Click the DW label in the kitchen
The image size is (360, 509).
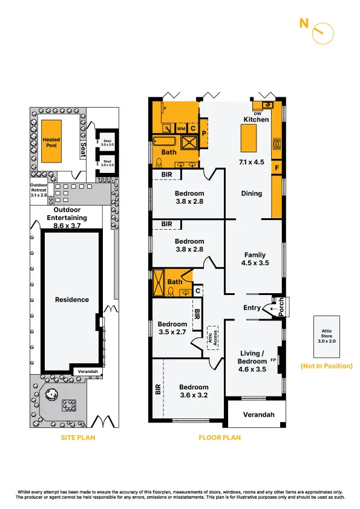tap(258, 114)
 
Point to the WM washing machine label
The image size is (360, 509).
tap(180, 129)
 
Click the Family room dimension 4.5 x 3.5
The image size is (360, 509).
tap(255, 263)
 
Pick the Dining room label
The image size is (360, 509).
tap(252, 193)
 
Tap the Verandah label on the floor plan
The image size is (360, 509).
tap(255, 415)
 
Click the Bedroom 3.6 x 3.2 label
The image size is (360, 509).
tap(194, 391)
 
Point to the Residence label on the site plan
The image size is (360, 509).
tap(73, 300)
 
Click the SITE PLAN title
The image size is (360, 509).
tap(78, 438)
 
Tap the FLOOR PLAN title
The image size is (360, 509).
tap(220, 438)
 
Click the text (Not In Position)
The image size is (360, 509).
tap(326, 366)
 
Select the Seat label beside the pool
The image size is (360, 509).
tap(83, 148)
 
